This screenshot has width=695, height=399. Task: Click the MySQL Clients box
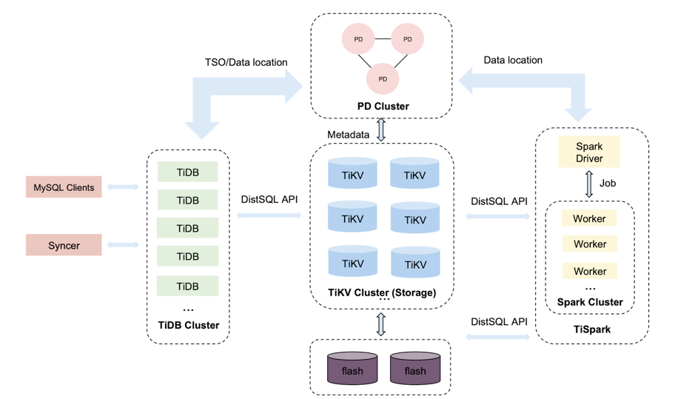point(64,187)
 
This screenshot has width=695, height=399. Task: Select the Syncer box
point(64,245)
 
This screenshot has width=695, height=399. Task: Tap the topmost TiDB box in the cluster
point(187,172)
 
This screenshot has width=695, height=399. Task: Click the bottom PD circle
point(383,78)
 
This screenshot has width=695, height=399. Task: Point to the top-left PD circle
point(358,38)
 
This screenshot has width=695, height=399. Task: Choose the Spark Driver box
point(589,152)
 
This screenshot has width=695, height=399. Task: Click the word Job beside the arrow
point(608,184)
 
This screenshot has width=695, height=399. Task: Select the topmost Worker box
point(589,218)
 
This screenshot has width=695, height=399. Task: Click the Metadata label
point(348,134)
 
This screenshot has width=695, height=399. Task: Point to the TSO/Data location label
point(246,62)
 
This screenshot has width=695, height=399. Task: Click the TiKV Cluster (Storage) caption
point(382,292)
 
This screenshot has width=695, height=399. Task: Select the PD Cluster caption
point(383,106)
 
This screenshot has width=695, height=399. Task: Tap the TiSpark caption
point(592,329)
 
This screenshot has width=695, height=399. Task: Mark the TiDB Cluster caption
point(189,325)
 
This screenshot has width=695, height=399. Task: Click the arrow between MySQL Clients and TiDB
point(123,187)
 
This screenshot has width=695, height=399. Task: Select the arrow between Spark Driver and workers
point(589,184)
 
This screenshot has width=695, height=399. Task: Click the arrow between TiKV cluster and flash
point(381,323)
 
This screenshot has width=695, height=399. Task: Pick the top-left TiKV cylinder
point(352,173)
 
